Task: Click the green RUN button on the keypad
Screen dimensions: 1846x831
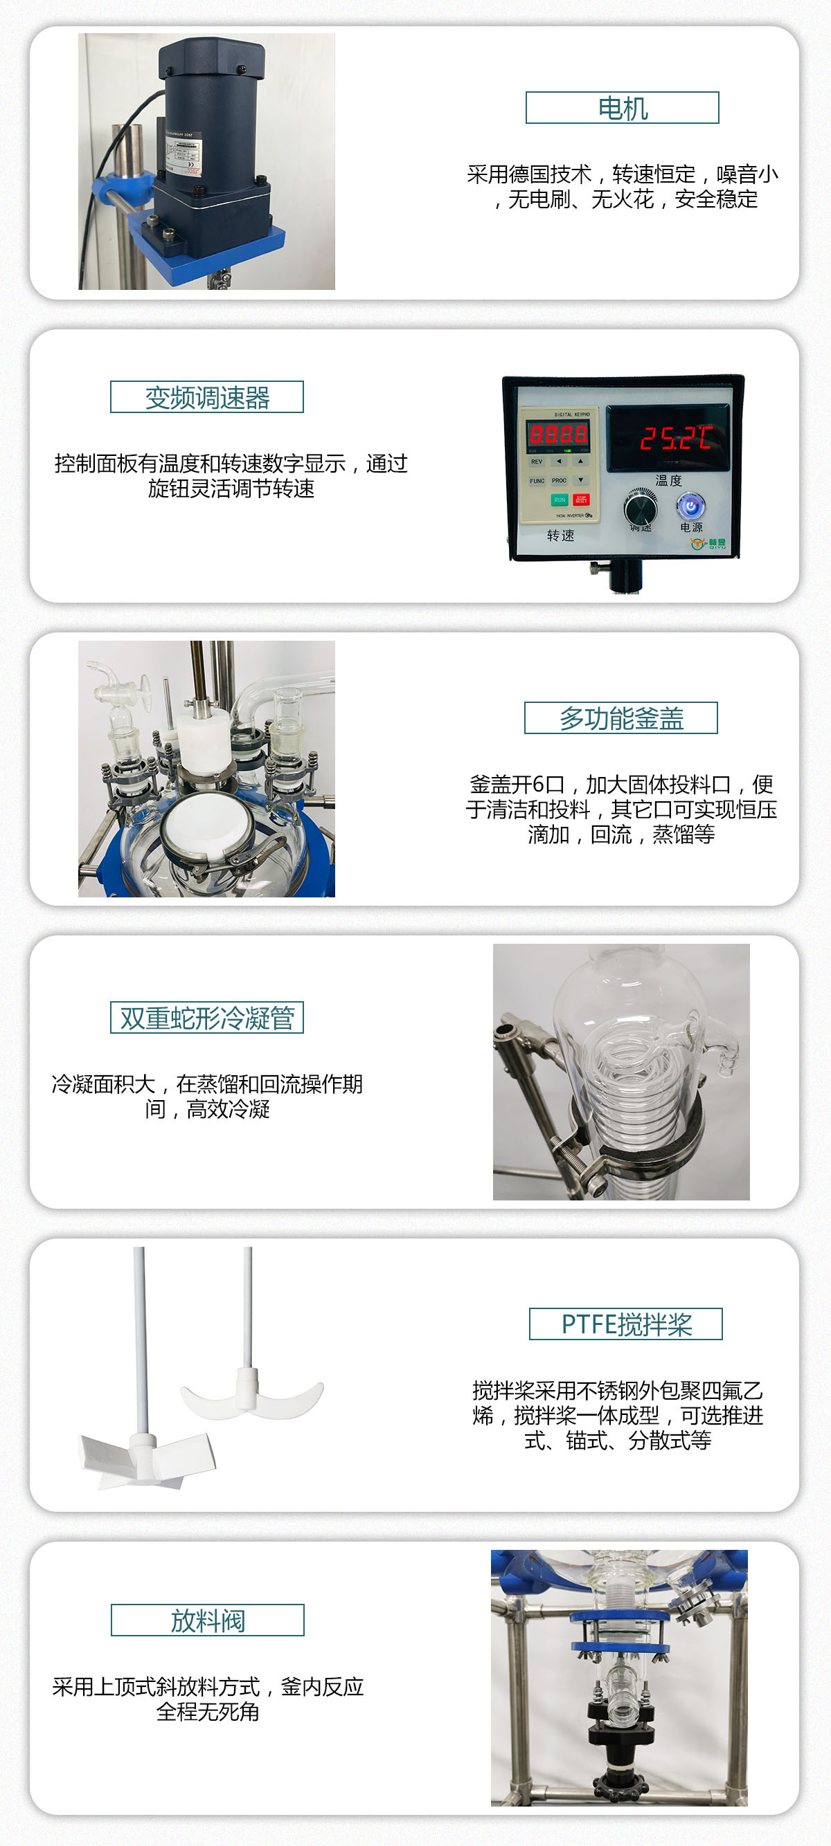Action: click(x=560, y=500)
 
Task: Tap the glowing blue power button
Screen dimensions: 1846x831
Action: click(x=690, y=506)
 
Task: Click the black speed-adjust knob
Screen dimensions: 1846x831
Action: click(x=641, y=509)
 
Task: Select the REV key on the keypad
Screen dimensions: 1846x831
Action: click(x=536, y=461)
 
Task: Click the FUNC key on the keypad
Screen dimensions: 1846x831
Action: click(x=537, y=481)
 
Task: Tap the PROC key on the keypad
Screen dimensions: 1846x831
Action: click(x=560, y=481)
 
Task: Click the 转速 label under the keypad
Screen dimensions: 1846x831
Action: click(x=560, y=536)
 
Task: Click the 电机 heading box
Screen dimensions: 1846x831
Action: click(x=622, y=108)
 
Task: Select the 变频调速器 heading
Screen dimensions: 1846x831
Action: click(x=206, y=397)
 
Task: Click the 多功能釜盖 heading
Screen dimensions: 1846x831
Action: click(x=621, y=718)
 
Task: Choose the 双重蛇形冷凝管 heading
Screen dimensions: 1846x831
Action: click(x=206, y=1018)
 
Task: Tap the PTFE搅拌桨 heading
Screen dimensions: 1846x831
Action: click(x=625, y=1324)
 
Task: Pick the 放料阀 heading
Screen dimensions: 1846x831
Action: click(x=207, y=1620)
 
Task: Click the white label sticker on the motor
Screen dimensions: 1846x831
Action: click(x=184, y=156)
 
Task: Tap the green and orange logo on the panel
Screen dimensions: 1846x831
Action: click(x=708, y=543)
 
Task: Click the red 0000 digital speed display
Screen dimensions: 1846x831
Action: click(x=559, y=434)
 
